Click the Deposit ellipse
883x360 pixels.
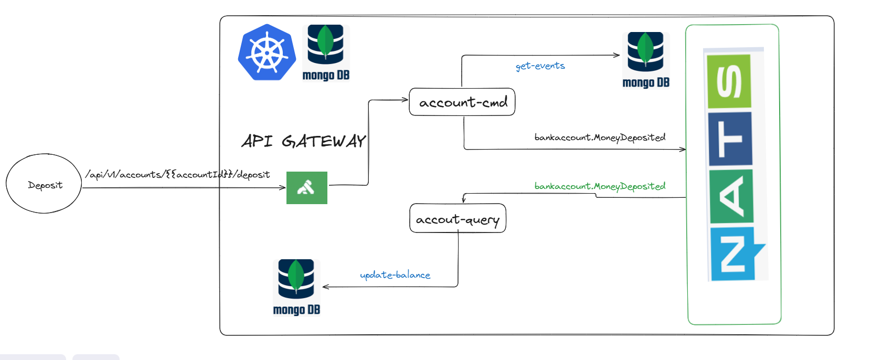pyautogui.click(x=44, y=184)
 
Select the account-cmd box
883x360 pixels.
pyautogui.click(x=462, y=102)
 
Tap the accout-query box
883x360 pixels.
pyautogui.click(x=458, y=218)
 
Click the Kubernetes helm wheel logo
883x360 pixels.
pyautogui.click(x=267, y=52)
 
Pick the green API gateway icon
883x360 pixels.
pyautogui.click(x=307, y=187)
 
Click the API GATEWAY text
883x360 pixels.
pyautogui.click(x=303, y=141)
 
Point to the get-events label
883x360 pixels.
pyautogui.click(x=540, y=66)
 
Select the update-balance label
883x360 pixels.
pyautogui.click(x=395, y=275)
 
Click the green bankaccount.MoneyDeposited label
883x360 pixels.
pyautogui.click(x=600, y=186)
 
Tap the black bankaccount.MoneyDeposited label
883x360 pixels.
pyautogui.click(x=600, y=137)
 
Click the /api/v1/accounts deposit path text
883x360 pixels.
pyautogui.click(x=177, y=174)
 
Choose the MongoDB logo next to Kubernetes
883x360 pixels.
pyautogui.click(x=326, y=52)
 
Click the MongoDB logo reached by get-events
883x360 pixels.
pyautogui.click(x=646, y=60)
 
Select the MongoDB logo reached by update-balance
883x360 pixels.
pyautogui.click(x=296, y=287)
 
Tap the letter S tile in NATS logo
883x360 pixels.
pyautogui.click(x=729, y=81)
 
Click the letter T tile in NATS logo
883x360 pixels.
pyautogui.click(x=730, y=139)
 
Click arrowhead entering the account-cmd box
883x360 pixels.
pyautogui.click(x=405, y=100)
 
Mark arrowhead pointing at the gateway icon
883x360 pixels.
pyautogui.click(x=282, y=187)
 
